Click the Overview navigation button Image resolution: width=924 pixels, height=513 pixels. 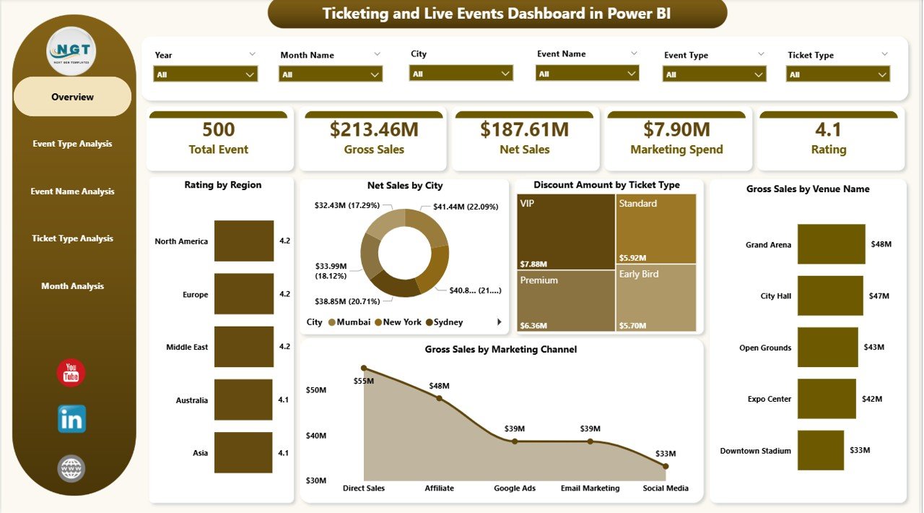(72, 97)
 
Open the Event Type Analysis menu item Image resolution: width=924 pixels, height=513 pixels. (72, 144)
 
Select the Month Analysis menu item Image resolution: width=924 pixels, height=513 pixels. (72, 286)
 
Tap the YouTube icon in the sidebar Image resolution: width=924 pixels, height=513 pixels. (71, 373)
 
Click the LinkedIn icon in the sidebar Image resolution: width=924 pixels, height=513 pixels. (71, 419)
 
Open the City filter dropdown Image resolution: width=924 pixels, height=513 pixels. (461, 73)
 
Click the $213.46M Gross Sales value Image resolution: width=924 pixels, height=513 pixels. (374, 129)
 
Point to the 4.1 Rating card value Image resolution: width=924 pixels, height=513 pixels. (828, 129)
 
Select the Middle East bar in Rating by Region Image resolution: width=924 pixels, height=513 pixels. (244, 347)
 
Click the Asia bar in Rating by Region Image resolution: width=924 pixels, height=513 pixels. (244, 453)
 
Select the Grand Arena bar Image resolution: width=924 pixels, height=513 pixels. (831, 244)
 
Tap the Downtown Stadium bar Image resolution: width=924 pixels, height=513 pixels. (821, 450)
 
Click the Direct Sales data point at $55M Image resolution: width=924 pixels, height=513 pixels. (364, 368)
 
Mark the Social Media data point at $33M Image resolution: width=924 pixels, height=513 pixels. (665, 466)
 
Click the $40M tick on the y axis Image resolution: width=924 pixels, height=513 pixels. (316, 436)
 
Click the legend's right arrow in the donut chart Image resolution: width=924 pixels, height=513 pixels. (499, 322)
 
